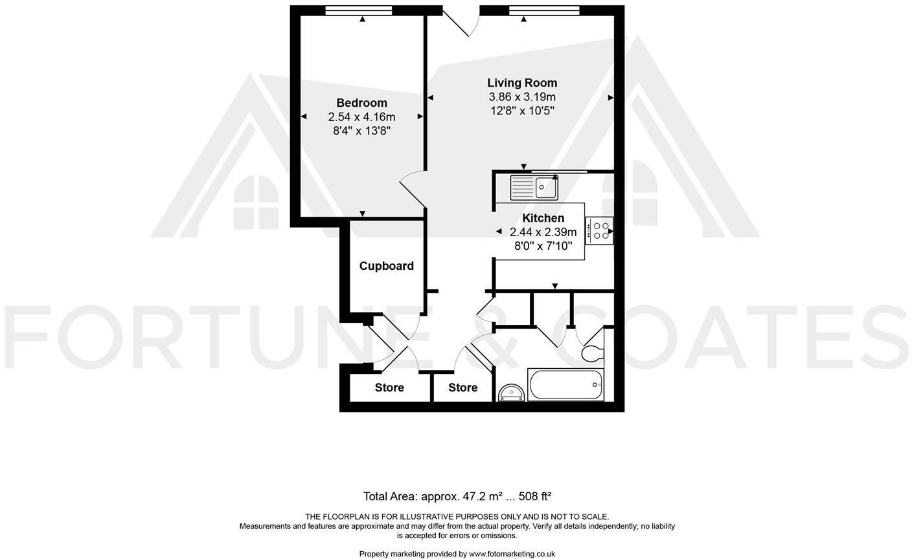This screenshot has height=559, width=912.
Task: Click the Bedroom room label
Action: (x=361, y=103)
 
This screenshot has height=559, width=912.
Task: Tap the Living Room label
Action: (x=522, y=83)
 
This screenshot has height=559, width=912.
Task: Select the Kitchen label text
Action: (x=543, y=218)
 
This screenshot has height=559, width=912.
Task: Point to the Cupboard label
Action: (x=386, y=266)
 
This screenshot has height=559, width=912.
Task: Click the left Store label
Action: (x=389, y=388)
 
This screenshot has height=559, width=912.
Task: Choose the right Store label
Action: (x=462, y=388)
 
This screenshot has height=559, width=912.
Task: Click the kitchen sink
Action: (x=534, y=187)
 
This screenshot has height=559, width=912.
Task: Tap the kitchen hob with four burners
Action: (x=600, y=231)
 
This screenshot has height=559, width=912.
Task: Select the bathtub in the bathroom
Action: (x=566, y=385)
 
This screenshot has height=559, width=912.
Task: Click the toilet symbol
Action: (x=591, y=352)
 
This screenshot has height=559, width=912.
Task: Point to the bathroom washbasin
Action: (x=511, y=393)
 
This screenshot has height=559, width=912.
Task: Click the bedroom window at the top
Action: (x=359, y=10)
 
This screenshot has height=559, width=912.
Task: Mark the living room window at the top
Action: (x=544, y=10)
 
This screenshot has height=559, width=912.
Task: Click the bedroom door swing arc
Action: (x=412, y=188)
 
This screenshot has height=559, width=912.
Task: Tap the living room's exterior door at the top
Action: (x=461, y=22)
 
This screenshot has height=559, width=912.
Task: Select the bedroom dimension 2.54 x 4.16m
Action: (x=361, y=117)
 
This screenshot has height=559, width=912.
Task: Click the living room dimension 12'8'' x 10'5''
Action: (x=522, y=111)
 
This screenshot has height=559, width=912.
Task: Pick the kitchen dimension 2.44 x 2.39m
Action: (x=543, y=232)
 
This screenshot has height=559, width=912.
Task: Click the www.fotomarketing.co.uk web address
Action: (x=512, y=554)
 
